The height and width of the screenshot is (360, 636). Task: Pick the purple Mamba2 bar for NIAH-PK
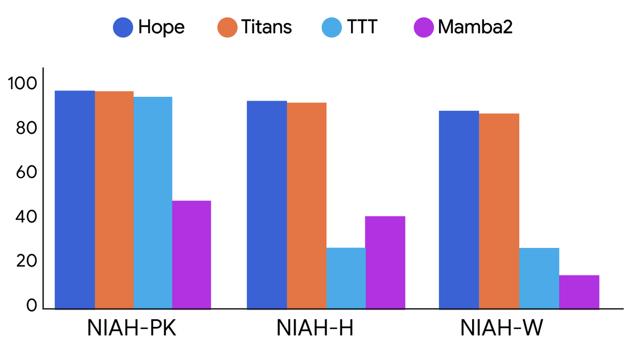[x=191, y=255]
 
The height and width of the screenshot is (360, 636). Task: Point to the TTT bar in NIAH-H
[x=345, y=278]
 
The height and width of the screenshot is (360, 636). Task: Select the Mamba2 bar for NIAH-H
[x=385, y=262]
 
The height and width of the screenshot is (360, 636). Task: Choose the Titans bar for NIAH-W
[x=499, y=211]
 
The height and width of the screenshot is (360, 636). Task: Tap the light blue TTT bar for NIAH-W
[x=539, y=278]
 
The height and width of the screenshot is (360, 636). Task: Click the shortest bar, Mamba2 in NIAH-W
[x=579, y=292]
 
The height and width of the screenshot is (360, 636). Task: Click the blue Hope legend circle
[x=123, y=27]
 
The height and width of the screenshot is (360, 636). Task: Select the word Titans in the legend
[x=267, y=27]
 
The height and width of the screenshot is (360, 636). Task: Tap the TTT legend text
[x=362, y=27]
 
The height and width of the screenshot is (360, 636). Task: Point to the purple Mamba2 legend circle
[x=423, y=27]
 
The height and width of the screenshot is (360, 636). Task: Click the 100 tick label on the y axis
[x=23, y=84]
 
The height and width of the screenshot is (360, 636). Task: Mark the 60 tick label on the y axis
[x=23, y=173]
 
